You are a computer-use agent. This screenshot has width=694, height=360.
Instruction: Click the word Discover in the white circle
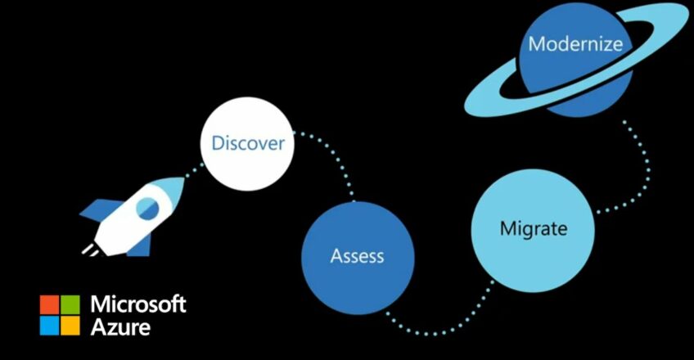click(x=248, y=143)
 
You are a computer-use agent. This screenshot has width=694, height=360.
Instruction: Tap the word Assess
click(x=357, y=256)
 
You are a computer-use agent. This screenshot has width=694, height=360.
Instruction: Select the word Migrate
click(x=534, y=228)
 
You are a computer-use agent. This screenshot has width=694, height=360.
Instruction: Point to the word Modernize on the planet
click(x=575, y=44)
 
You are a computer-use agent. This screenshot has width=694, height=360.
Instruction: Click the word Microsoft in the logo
click(x=138, y=304)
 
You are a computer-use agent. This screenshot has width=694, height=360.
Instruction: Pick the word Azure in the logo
click(x=120, y=327)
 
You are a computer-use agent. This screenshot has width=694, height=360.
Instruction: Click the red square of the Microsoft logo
click(x=49, y=304)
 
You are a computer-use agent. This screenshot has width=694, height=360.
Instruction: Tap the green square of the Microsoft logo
click(x=70, y=304)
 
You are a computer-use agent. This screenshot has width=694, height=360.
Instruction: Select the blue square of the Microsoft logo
click(x=49, y=326)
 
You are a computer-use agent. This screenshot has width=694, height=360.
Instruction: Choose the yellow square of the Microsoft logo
click(x=70, y=326)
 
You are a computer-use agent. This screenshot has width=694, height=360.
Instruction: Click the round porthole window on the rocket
click(x=147, y=209)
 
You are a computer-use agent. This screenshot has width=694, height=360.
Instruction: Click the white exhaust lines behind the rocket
click(x=91, y=250)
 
